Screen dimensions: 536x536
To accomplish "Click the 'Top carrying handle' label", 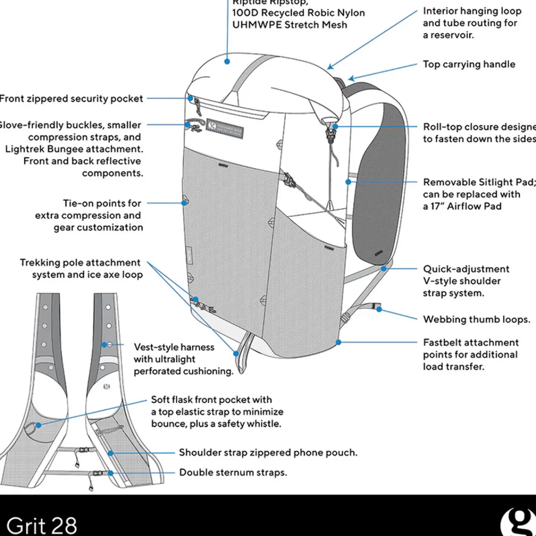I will (469, 64).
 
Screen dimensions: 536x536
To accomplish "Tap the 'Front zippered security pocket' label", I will (71, 99).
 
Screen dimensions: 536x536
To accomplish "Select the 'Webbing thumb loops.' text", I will (476, 320).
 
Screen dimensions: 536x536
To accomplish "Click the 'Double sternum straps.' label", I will (233, 472).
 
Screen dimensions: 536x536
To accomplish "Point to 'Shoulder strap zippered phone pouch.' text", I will (268, 453).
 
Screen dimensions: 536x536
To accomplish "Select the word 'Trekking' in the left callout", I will (40, 263).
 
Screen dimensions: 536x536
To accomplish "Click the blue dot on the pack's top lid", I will (227, 61).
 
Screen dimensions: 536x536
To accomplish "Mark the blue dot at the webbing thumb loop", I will (379, 309).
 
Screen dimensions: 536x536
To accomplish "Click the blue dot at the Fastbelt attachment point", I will (339, 342).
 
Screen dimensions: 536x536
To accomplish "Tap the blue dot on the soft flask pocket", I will (39, 425).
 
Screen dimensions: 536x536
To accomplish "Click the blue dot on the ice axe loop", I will (236, 354).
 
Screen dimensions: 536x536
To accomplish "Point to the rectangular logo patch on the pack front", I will (225, 127).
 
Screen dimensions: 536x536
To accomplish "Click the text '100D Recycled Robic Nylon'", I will (298, 13).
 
